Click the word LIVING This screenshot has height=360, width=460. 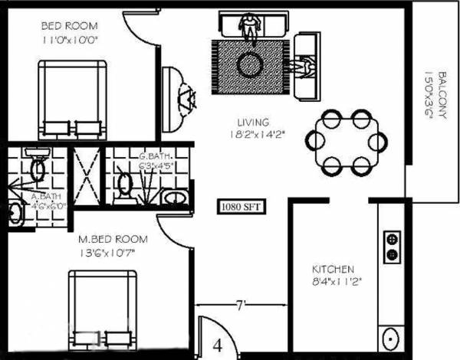coord(252,122)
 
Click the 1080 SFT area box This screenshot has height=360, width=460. coord(239,205)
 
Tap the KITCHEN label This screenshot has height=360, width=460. coord(333,269)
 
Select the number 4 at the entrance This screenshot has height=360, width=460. coord(217,344)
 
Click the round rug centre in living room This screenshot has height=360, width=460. coord(251,65)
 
